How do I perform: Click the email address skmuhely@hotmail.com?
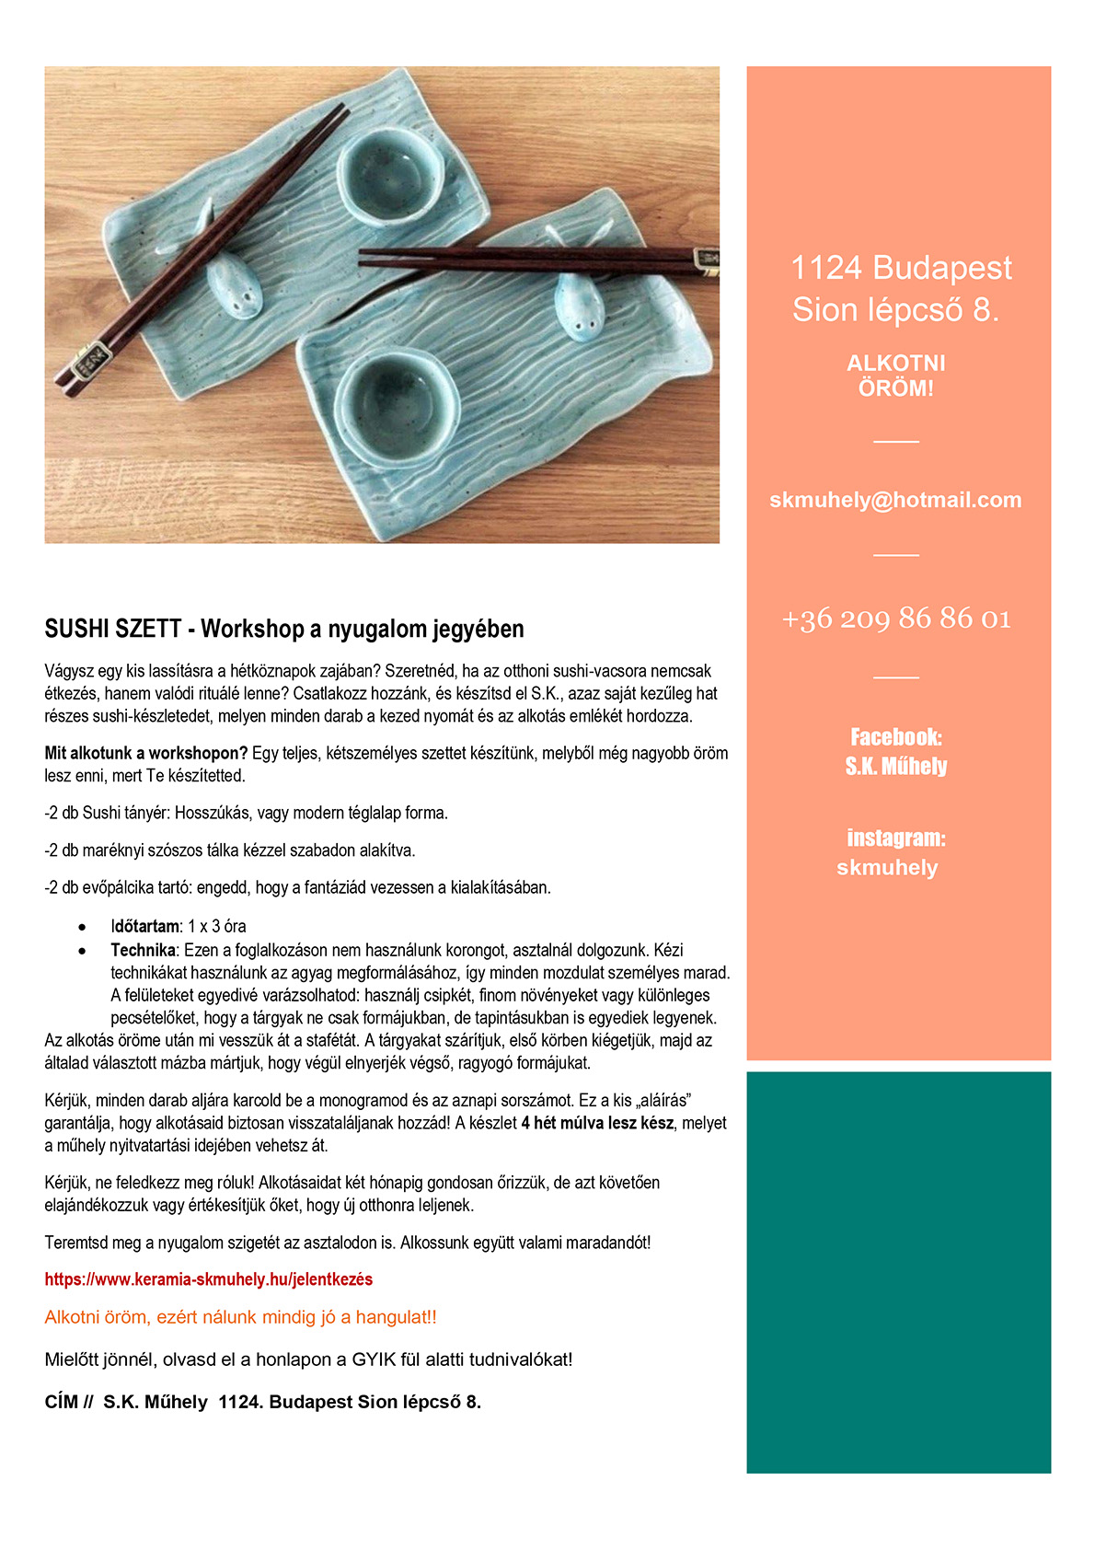(895, 500)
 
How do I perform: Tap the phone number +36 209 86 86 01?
(895, 618)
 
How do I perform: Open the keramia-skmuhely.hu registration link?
(209, 1279)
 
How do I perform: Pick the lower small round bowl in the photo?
(398, 402)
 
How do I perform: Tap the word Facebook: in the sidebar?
(895, 736)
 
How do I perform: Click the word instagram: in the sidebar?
(895, 838)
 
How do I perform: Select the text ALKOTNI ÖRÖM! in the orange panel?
(895, 376)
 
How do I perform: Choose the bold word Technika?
(143, 950)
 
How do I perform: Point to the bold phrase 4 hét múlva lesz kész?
(597, 1123)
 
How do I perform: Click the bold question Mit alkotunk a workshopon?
(146, 753)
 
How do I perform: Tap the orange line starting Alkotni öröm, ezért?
(240, 1317)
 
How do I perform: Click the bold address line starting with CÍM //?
(262, 1402)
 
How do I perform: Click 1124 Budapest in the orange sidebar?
(901, 268)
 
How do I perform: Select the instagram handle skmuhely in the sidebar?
(887, 867)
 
